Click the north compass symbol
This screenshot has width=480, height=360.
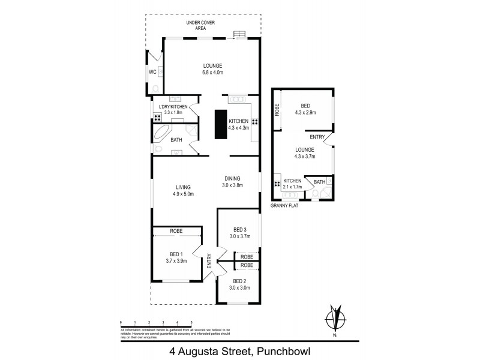[x=337, y=317]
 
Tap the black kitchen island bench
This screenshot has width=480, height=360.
[x=220, y=124]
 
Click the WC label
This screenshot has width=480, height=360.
[x=152, y=72]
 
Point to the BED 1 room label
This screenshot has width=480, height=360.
[x=176, y=257]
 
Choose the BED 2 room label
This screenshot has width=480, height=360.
[x=239, y=284]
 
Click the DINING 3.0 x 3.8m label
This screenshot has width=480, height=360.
[x=233, y=181]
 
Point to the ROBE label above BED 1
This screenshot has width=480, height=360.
[x=176, y=231]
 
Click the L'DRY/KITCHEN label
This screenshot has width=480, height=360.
[x=173, y=109]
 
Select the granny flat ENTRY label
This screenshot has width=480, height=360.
[x=317, y=136]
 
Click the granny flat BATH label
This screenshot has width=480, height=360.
[x=319, y=182]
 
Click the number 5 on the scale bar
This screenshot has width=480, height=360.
[x=191, y=323]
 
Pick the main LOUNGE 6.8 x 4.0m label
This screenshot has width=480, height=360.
[x=212, y=69]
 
